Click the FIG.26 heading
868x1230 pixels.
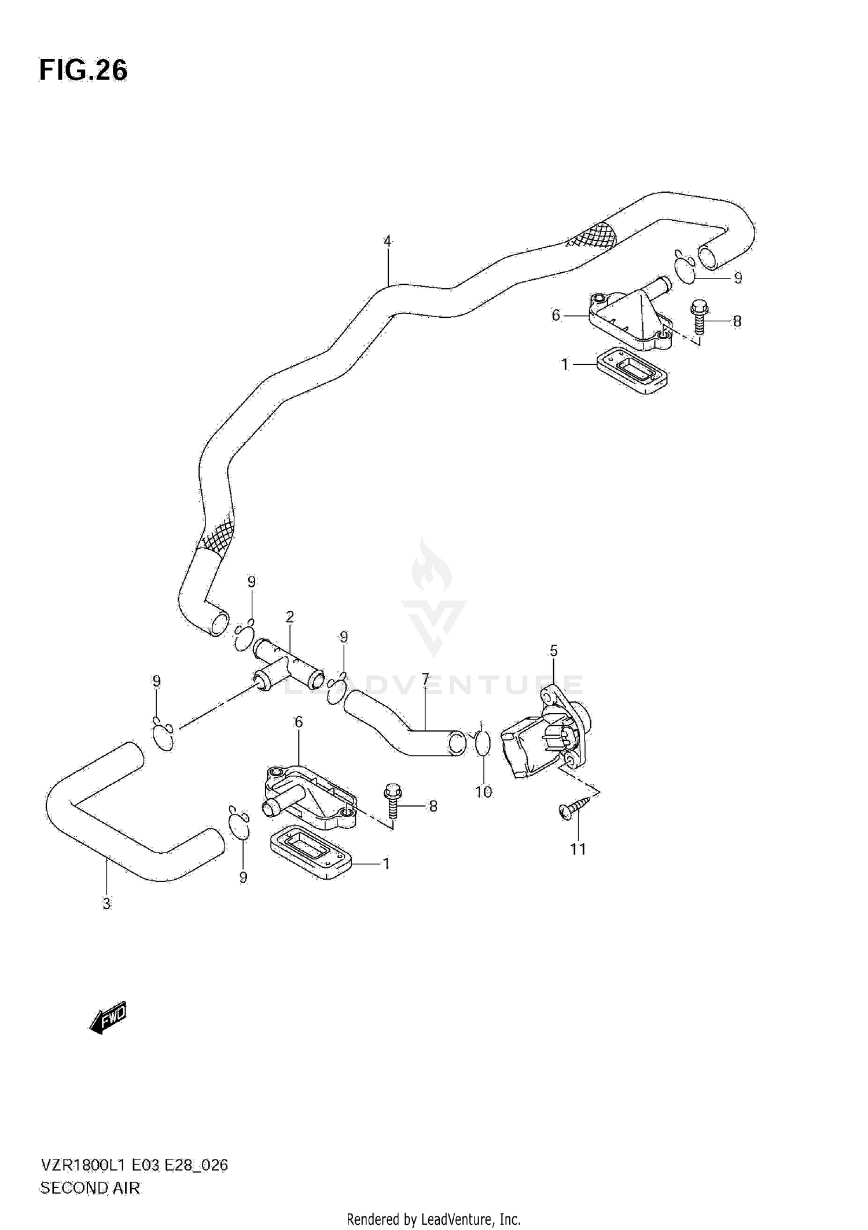click(83, 71)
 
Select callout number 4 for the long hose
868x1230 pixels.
click(387, 241)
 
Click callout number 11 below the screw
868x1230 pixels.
click(578, 849)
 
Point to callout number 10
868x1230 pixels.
click(483, 791)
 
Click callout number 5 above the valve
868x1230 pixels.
click(553, 651)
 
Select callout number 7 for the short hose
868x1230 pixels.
click(425, 679)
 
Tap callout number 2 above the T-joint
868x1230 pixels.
click(289, 617)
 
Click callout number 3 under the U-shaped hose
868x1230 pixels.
click(106, 904)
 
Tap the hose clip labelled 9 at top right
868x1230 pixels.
click(685, 267)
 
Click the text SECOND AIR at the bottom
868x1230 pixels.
click(90, 1188)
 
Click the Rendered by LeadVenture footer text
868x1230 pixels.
click(433, 1220)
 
